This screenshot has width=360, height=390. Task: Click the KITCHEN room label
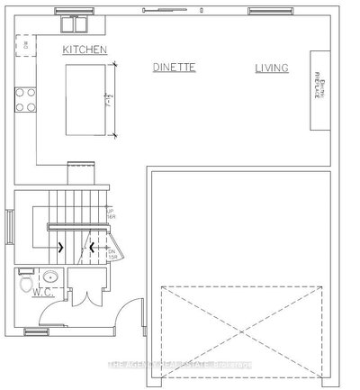pyautogui.click(x=85, y=50)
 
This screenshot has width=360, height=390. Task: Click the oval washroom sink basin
pyautogui.click(x=51, y=277)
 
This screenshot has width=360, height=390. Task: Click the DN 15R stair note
pyautogui.click(x=113, y=254)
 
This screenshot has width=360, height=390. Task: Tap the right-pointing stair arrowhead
pyautogui.click(x=60, y=246)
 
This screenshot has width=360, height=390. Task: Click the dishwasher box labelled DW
pyautogui.click(x=25, y=43)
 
